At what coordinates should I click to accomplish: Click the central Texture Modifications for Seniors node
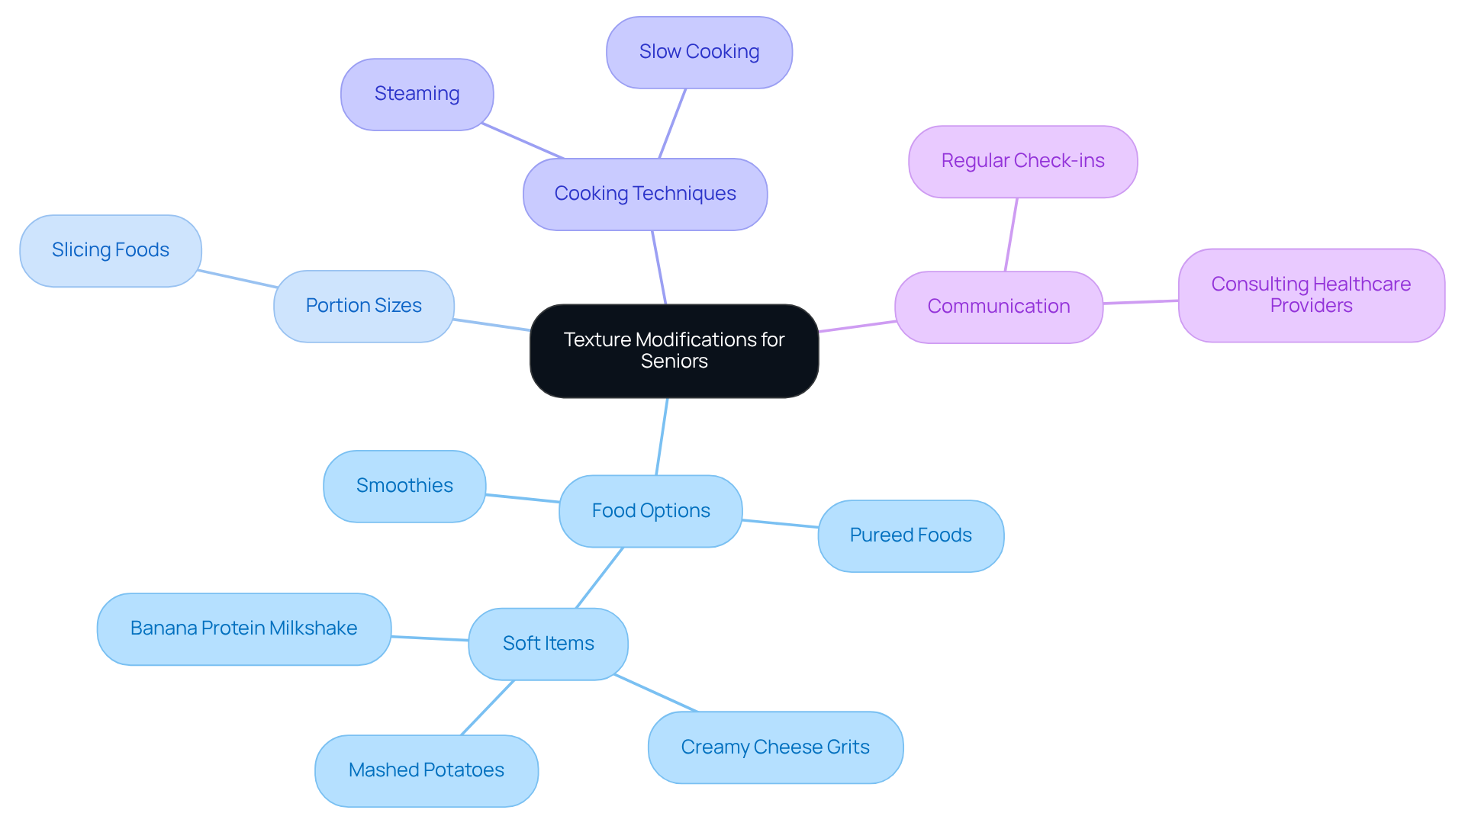674,351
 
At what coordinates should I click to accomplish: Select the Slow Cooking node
699,52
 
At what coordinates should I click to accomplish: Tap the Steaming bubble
417,94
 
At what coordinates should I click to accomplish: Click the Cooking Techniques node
645,194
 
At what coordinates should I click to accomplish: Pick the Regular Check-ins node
1022,161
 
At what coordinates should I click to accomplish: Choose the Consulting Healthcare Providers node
1311,295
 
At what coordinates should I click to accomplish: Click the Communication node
998,307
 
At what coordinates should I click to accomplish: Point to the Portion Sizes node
363,306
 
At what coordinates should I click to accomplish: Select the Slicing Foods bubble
110,250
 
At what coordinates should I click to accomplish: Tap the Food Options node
650,511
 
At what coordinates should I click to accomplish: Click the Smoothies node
404,486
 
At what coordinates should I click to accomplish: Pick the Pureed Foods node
910,535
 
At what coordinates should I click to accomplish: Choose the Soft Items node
548,644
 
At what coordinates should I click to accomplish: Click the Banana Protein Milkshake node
243,628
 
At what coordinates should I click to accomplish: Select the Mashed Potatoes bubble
426,770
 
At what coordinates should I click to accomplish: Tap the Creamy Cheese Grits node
775,747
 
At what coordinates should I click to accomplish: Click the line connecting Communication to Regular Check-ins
1011,234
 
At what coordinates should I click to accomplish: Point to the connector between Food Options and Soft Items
600,577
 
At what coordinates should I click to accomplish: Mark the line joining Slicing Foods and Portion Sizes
237,278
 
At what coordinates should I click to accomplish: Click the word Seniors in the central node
674,362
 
